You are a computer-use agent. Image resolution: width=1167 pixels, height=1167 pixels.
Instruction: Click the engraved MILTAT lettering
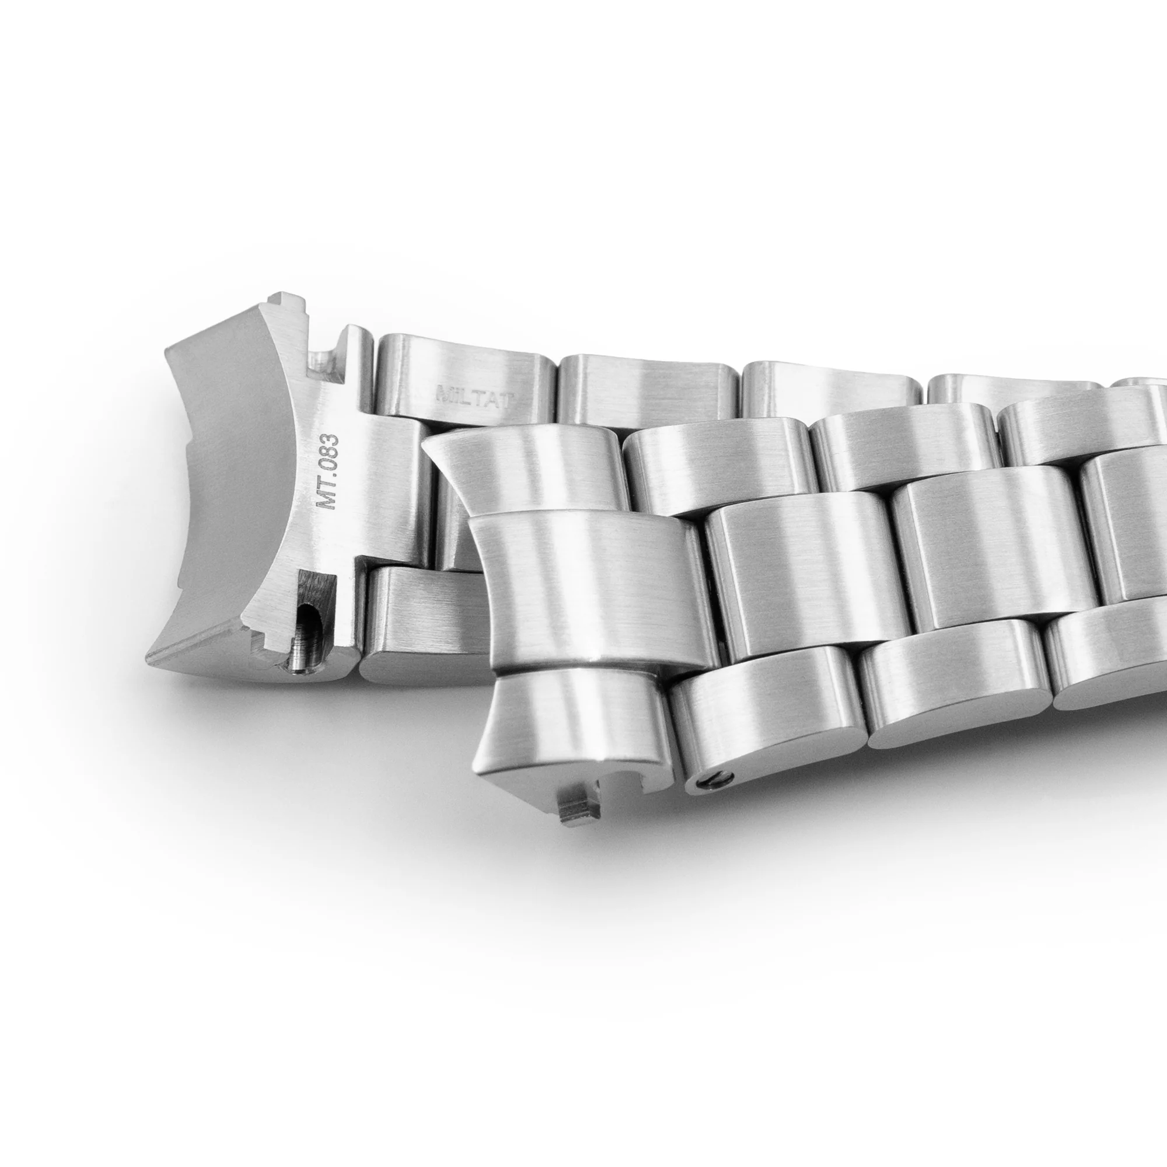(474, 397)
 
